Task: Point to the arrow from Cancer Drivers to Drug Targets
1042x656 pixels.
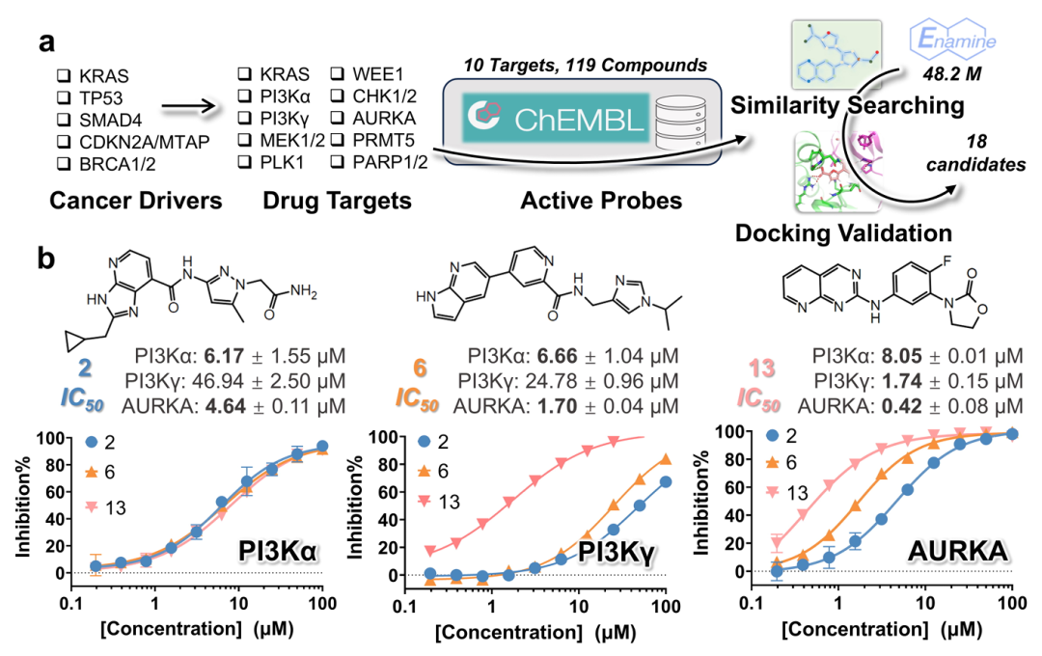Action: click(186, 109)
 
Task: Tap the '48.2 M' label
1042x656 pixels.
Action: click(945, 73)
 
